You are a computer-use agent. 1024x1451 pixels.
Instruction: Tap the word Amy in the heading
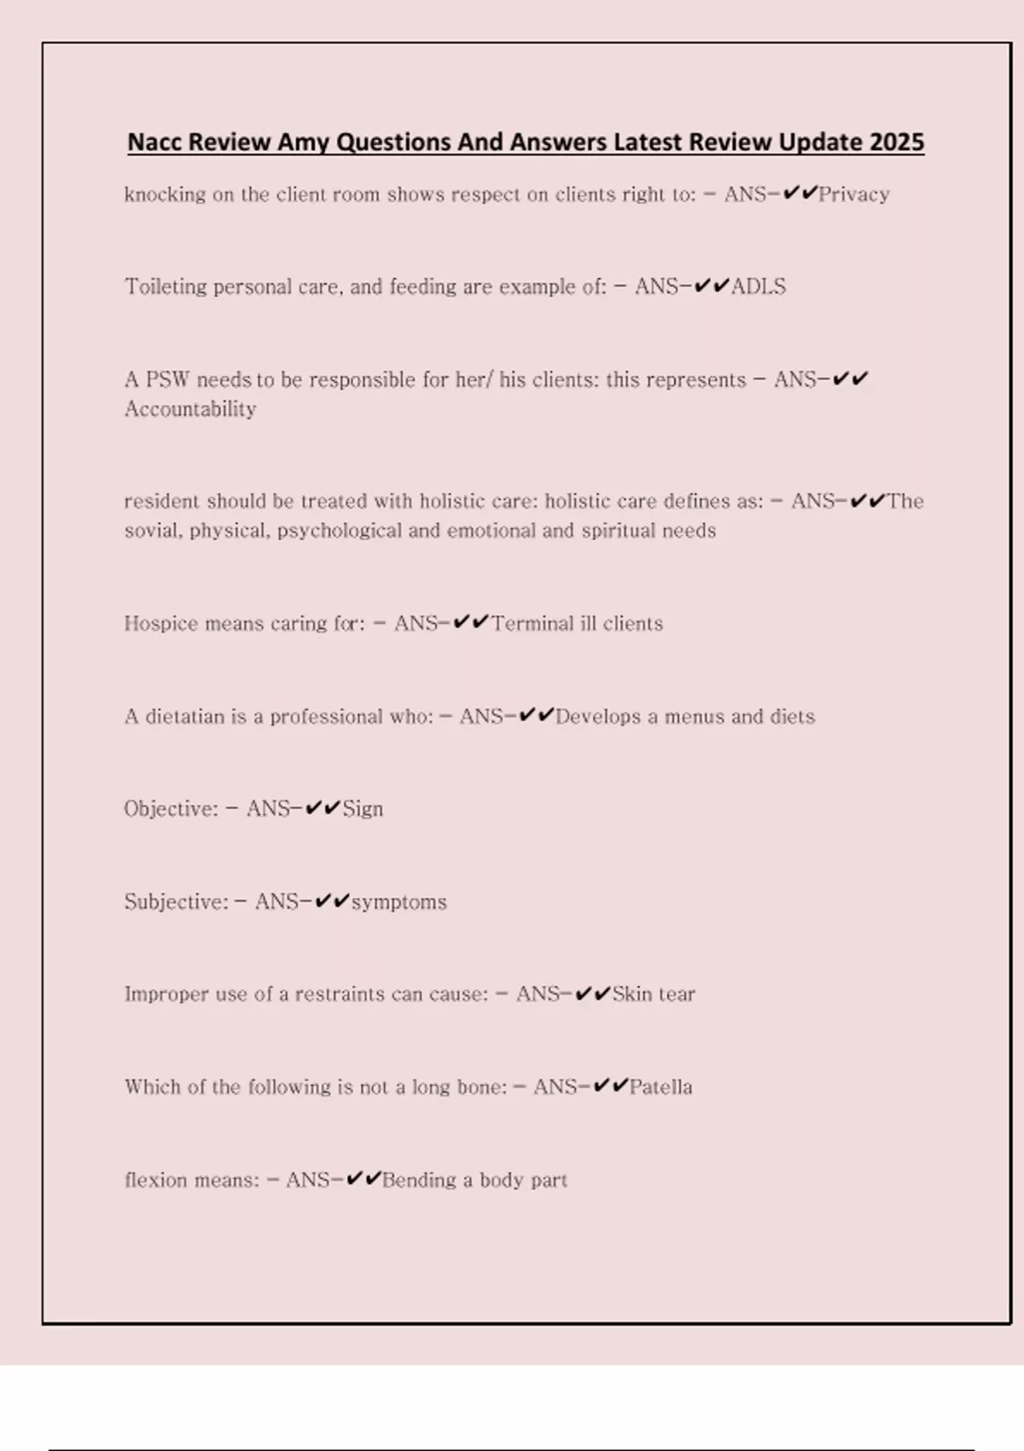(304, 142)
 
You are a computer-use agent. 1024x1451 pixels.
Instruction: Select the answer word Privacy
(854, 195)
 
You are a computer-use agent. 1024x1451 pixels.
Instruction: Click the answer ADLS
(759, 287)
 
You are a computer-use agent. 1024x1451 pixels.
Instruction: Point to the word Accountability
(190, 410)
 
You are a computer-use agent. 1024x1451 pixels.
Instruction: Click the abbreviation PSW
(167, 380)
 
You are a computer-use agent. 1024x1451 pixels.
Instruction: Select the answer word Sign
(363, 809)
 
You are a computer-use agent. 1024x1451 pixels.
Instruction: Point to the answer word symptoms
(399, 902)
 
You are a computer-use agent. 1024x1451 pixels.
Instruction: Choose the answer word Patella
(660, 1087)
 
